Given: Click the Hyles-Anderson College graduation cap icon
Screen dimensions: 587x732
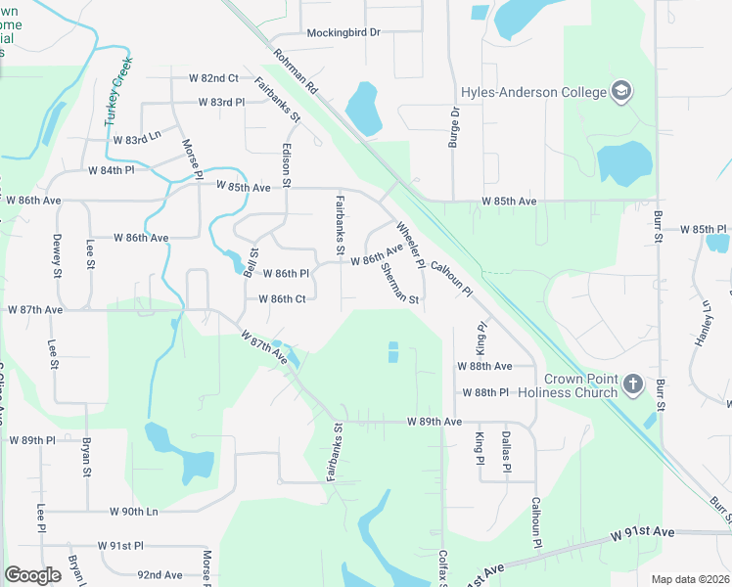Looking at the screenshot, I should tap(620, 93).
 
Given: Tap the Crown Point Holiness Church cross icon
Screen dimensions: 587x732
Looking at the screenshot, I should tap(632, 384).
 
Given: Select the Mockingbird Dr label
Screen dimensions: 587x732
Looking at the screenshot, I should tap(343, 32).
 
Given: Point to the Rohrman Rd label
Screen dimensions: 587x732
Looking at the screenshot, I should tap(297, 72).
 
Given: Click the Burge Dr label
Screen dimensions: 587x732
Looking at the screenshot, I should tap(454, 128).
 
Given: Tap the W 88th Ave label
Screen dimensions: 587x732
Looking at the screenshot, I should tap(484, 366).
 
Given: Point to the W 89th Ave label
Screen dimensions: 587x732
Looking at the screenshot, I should tap(435, 422).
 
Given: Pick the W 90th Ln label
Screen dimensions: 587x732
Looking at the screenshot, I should tap(133, 512).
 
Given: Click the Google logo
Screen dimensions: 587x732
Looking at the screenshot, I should tap(32, 575).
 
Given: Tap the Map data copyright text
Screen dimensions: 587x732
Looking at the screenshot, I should tap(689, 579).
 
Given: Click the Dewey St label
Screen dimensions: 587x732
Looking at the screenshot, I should tap(56, 256).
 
